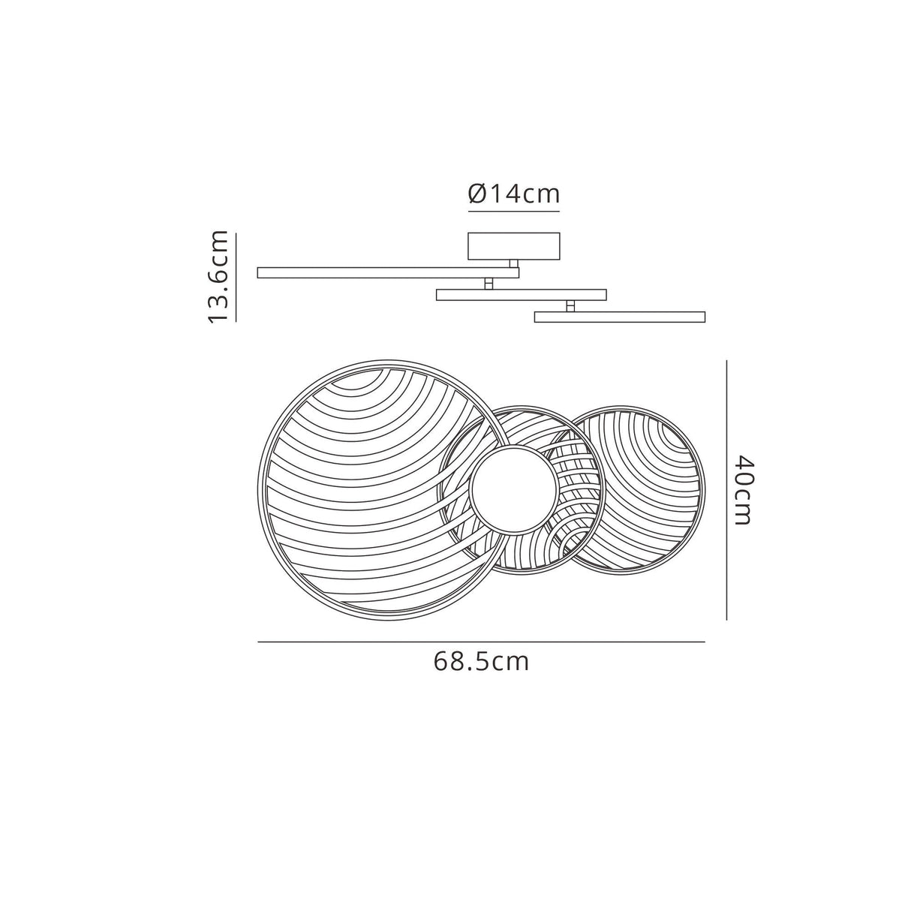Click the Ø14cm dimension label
click(514, 194)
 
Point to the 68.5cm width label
click(481, 662)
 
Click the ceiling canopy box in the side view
click(514, 246)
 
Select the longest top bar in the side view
click(388, 272)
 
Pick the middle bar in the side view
click(521, 294)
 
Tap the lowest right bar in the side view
click(619, 317)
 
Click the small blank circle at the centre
click(514, 490)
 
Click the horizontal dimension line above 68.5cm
click(481, 642)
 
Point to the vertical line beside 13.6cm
click(236, 277)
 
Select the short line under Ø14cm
click(514, 212)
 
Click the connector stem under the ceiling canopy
click(514, 263)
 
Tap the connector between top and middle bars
click(489, 284)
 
